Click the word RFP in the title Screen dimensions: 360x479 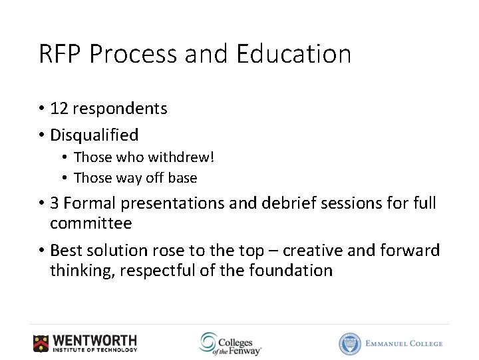[x=60, y=54]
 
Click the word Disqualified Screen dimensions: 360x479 [x=94, y=135]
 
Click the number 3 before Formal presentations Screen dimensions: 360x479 [x=55, y=203]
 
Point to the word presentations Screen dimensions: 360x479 [x=167, y=203]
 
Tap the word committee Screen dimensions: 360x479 [x=91, y=223]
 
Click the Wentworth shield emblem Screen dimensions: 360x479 [x=41, y=343]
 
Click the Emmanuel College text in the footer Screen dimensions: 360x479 [x=404, y=343]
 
